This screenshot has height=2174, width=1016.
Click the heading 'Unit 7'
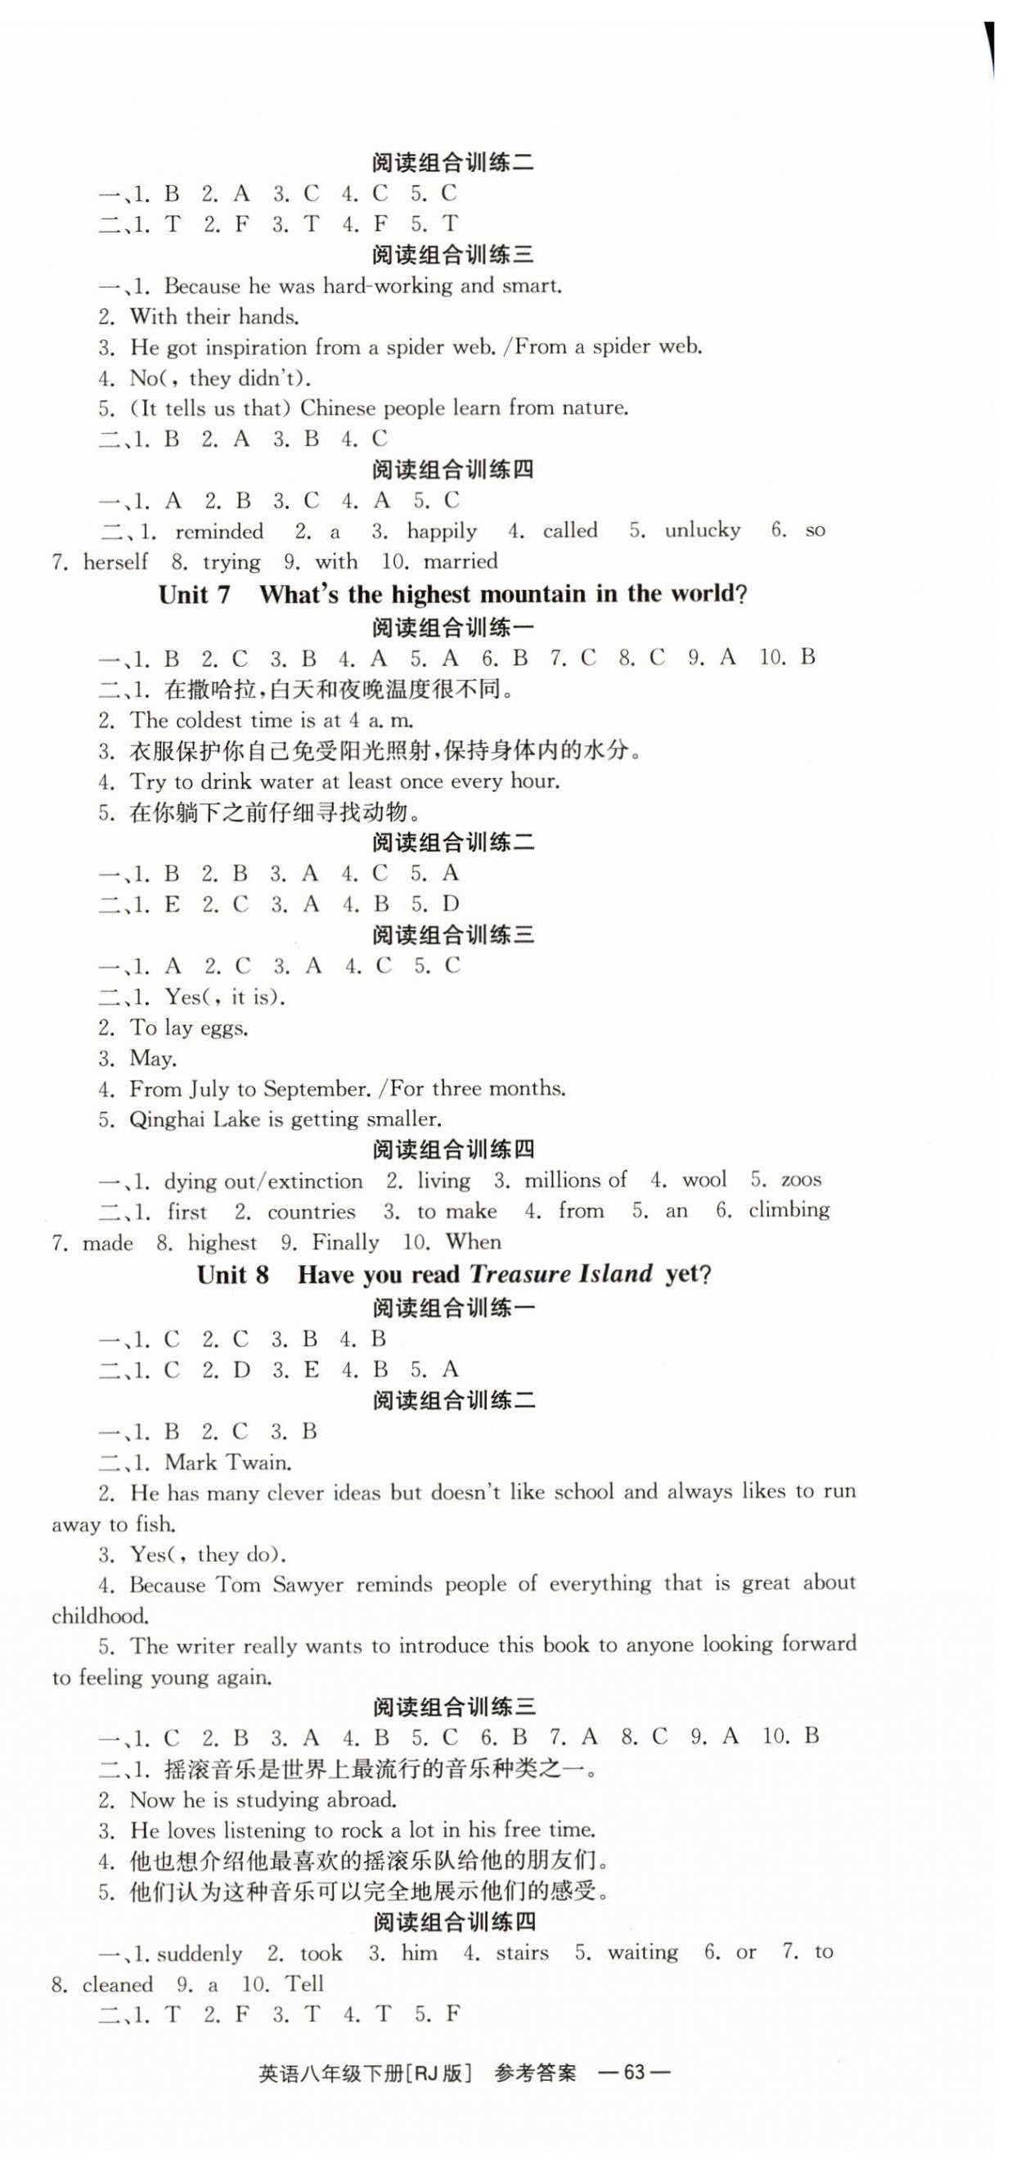pos(194,595)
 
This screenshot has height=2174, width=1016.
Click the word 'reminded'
pos(218,532)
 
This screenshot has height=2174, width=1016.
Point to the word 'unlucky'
pos(702,531)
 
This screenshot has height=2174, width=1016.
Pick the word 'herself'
pos(115,562)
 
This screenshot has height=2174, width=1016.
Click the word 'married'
pos(460,562)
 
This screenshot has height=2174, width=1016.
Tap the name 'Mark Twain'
pos(227,1462)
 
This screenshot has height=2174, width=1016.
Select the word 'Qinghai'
pos(168,1120)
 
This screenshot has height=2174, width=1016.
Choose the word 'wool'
pos(704,1180)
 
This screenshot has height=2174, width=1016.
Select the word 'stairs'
pos(523,1953)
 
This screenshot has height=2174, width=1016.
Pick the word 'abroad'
pos(358,1800)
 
